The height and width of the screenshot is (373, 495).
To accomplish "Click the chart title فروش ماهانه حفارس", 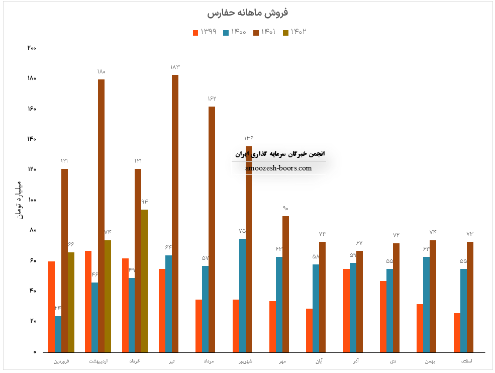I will tap(247, 13).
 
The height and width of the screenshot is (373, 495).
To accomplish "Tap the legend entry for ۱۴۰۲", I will tap(294, 32).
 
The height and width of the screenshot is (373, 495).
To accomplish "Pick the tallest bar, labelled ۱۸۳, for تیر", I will tap(175, 214).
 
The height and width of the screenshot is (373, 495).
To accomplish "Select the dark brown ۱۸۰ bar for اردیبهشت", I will tap(101, 216).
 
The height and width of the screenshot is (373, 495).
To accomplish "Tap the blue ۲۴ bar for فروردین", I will tap(58, 334).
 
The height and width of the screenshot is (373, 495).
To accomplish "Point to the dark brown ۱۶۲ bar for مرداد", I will tap(212, 229).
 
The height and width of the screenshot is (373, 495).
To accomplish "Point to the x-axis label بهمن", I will tap(430, 361).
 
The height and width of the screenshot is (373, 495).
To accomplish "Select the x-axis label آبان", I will tap(319, 361).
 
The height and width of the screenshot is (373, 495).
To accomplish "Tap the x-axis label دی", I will tap(393, 361).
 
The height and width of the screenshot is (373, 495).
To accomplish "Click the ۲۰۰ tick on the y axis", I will tap(32, 48).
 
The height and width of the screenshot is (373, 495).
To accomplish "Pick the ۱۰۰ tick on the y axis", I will tap(32, 200).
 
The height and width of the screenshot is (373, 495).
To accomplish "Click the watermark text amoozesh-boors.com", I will tap(279, 168).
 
